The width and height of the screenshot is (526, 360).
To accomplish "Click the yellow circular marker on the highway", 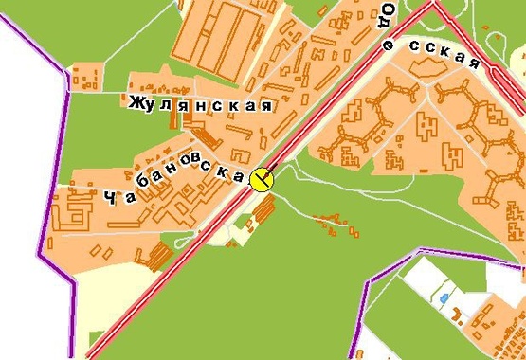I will tap(261, 177).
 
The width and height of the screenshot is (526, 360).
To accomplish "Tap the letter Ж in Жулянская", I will tap(137, 101).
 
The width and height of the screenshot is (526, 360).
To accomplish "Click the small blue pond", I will tap(444, 298).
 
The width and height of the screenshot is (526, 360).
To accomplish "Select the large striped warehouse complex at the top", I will tap(227, 43).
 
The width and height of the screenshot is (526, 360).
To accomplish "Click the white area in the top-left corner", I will tap(24, 38).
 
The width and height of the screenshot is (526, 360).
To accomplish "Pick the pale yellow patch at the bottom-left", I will tap(95, 303).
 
